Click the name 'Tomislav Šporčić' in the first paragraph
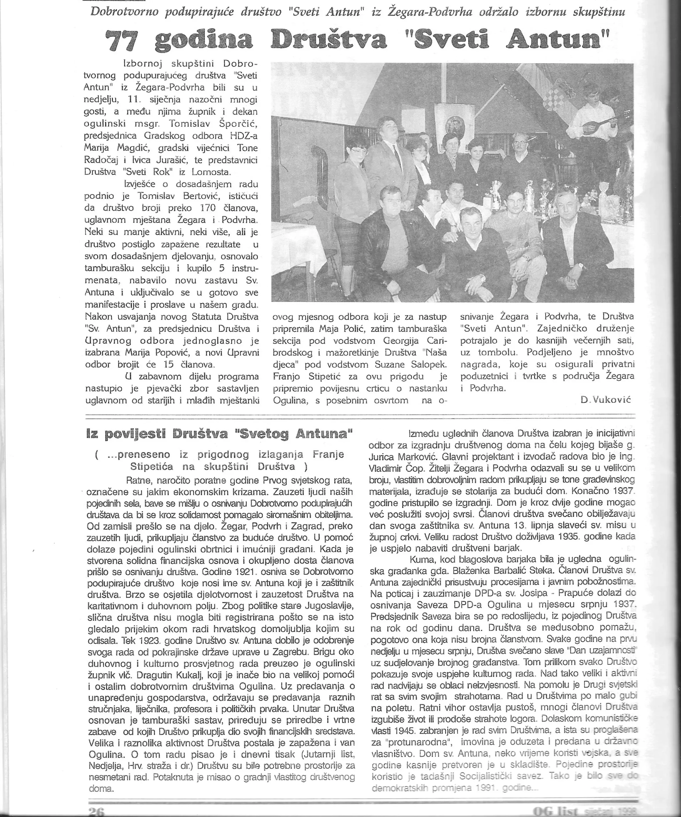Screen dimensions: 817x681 coord(213,124)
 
